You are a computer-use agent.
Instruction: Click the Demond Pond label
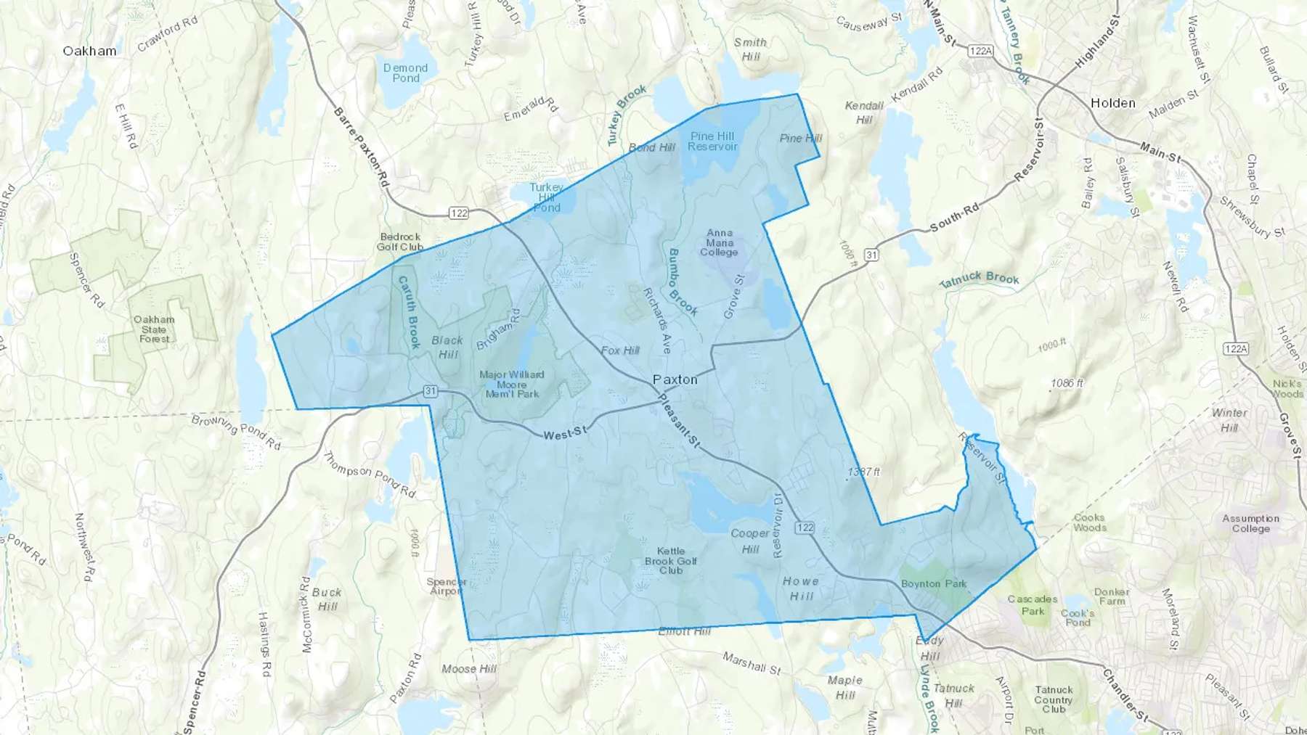click(405, 73)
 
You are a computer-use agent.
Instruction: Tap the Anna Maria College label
click(719, 243)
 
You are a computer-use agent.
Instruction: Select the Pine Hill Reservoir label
click(712, 141)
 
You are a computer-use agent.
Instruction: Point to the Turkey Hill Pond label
click(546, 197)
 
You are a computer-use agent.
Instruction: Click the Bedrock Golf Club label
click(400, 242)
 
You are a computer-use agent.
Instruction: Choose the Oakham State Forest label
click(154, 329)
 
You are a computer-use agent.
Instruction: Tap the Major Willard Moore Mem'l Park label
click(512, 385)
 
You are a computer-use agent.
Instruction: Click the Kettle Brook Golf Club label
click(671, 561)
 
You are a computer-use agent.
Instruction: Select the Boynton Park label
click(934, 583)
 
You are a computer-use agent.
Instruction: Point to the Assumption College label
click(1250, 523)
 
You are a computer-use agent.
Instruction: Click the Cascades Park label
click(1033, 604)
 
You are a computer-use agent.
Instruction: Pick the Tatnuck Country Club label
click(1054, 699)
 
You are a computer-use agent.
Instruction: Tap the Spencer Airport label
click(447, 586)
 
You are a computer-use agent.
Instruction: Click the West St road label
click(565, 433)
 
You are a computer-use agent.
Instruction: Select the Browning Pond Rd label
click(236, 431)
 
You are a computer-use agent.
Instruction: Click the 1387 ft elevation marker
click(863, 472)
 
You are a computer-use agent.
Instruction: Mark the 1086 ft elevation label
click(1067, 383)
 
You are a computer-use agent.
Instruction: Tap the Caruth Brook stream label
click(409, 313)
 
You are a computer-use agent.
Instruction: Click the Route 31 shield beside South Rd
click(871, 255)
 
